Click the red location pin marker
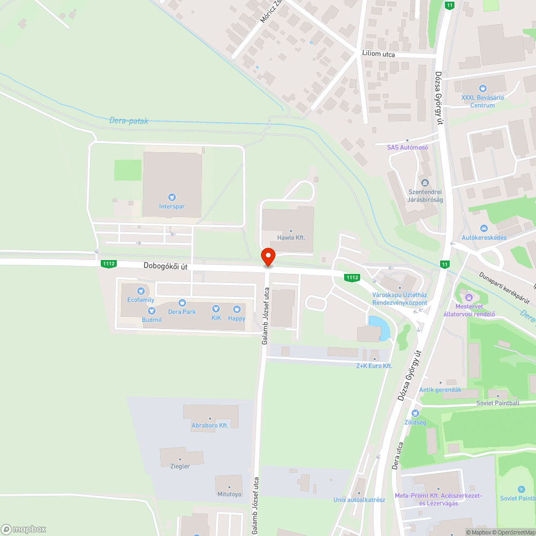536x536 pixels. click(267, 257)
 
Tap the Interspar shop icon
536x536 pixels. click(172, 197)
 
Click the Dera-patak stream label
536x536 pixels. click(129, 121)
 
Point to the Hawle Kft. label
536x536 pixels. click(291, 237)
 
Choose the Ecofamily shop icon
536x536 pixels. click(141, 291)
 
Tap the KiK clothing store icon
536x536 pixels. click(216, 309)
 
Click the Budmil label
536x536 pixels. click(152, 319)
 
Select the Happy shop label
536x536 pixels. click(236, 318)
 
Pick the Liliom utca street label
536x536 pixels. click(378, 54)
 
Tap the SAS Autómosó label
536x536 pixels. click(407, 147)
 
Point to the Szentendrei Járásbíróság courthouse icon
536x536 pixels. click(426, 183)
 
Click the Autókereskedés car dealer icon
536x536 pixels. click(484, 228)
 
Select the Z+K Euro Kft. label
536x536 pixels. click(375, 366)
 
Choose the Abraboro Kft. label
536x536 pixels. click(210, 425)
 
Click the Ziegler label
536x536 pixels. click(180, 466)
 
